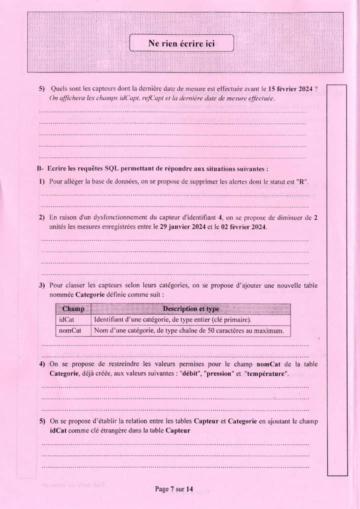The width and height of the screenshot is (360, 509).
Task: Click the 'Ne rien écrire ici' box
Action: click(x=181, y=43)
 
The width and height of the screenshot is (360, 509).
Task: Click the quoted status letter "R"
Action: click(x=302, y=181)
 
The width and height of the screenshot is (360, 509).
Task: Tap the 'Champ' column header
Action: click(x=73, y=309)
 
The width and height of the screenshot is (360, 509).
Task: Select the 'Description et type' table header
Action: click(x=190, y=309)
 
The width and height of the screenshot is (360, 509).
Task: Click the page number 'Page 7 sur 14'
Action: click(x=174, y=489)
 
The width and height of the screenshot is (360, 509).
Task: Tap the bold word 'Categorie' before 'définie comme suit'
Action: click(x=90, y=295)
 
